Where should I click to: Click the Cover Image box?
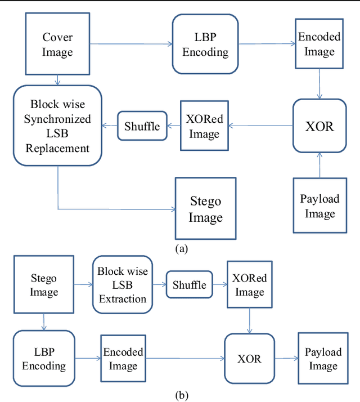(x=57, y=45)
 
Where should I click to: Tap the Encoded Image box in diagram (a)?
(x=319, y=44)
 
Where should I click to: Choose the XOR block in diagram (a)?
(x=319, y=126)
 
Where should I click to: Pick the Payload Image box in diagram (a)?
(x=319, y=206)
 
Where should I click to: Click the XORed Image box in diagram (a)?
(x=204, y=127)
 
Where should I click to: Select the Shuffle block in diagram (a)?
(x=142, y=126)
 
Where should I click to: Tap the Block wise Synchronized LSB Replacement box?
(x=57, y=126)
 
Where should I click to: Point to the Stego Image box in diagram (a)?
(x=205, y=209)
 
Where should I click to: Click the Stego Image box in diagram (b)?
(x=44, y=285)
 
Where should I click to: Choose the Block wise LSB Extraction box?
(x=123, y=285)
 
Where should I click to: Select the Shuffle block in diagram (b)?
(x=190, y=285)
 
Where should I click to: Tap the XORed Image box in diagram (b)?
(x=249, y=285)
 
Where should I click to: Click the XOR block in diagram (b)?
(x=250, y=359)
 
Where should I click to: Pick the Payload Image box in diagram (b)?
(x=323, y=359)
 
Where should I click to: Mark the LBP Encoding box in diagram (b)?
(x=44, y=359)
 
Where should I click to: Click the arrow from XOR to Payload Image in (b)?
(x=286, y=359)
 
